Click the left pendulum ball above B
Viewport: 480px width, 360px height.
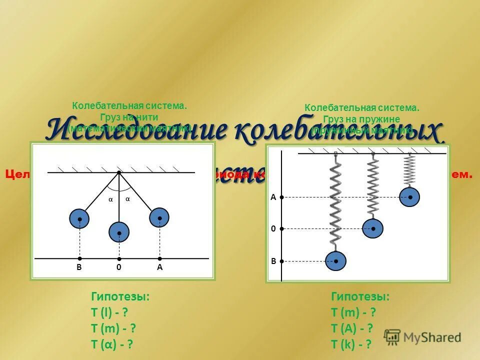[79, 218]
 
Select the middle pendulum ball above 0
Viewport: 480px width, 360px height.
[119, 232]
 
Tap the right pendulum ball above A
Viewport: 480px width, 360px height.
[159, 217]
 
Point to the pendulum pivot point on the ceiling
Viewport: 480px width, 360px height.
[119, 172]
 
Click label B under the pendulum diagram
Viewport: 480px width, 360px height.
[79, 268]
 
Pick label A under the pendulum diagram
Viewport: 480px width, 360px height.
[159, 268]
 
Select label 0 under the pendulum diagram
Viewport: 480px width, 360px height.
[119, 268]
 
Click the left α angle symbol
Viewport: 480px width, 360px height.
[111, 199]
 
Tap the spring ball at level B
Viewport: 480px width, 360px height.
[335, 260]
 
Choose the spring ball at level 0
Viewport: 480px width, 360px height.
[372, 228]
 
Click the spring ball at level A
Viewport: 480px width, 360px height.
[409, 197]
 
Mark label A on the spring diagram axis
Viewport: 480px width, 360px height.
[273, 197]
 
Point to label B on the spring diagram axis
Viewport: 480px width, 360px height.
[273, 261]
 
